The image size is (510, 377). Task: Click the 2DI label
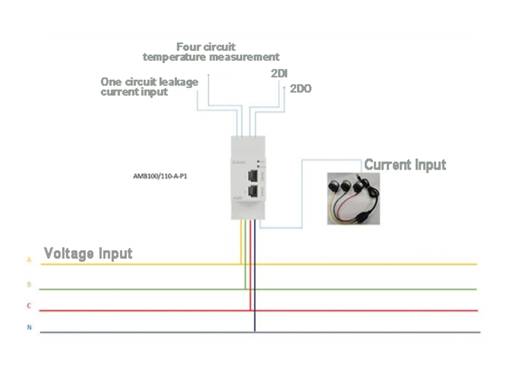(x=279, y=73)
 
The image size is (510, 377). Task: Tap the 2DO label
(x=300, y=89)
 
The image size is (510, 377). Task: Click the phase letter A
(x=29, y=260)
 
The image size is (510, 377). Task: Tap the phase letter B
(x=29, y=284)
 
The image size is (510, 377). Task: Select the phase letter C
(x=29, y=306)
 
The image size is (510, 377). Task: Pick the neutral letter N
(x=29, y=328)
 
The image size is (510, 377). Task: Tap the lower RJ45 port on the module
(x=252, y=191)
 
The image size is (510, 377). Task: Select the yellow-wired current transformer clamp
(x=335, y=184)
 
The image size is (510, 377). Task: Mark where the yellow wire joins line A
(x=241, y=264)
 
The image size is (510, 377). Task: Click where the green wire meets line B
(x=245, y=289)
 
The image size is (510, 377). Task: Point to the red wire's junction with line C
(x=250, y=310)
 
